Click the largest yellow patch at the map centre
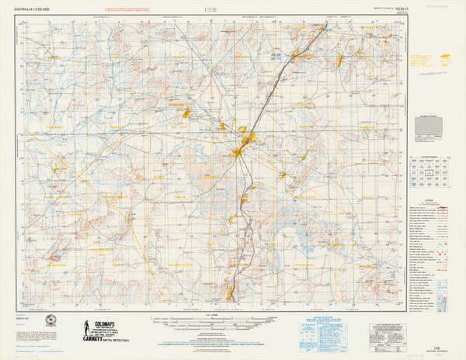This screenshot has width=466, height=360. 249,140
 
